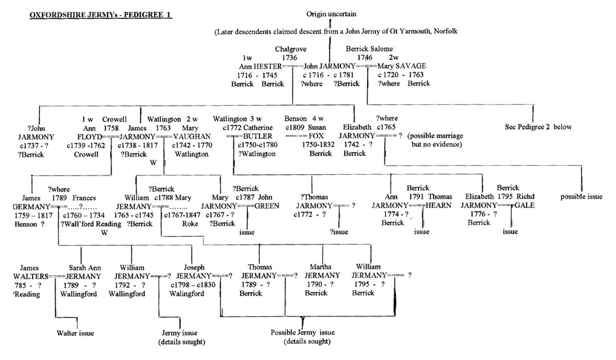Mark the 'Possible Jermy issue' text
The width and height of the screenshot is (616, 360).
coord(304,333)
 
